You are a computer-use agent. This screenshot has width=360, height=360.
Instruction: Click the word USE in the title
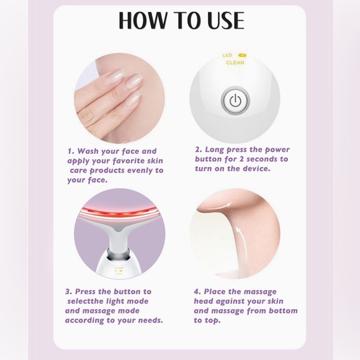tap(222, 20)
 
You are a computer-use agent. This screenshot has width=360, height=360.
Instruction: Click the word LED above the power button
tap(227, 55)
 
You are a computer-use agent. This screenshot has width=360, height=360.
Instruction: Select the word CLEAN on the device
tap(235, 63)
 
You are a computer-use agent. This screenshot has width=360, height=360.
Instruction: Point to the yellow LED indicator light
tap(241, 55)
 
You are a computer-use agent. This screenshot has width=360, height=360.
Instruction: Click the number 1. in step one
tap(71, 151)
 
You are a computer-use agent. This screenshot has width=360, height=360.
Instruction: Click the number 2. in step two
tap(199, 150)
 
